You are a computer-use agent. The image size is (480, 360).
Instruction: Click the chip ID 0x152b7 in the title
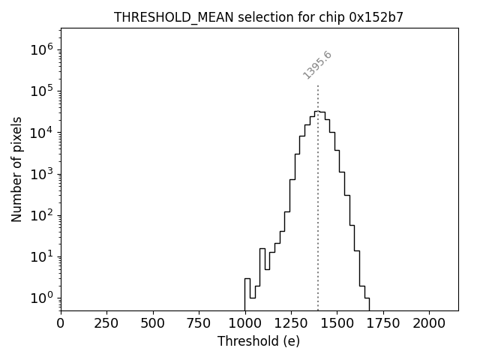(x=376, y=17)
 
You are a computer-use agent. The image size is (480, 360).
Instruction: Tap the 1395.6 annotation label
(x=317, y=65)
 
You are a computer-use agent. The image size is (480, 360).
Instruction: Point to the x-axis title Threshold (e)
(x=259, y=341)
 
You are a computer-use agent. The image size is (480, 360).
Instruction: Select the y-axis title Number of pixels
(x=17, y=169)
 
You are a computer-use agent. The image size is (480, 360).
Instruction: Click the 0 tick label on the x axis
(x=61, y=323)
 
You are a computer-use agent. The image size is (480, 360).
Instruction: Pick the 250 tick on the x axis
(x=106, y=323)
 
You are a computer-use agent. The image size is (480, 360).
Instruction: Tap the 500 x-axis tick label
(x=153, y=323)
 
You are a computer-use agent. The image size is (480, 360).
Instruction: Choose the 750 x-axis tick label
(x=199, y=323)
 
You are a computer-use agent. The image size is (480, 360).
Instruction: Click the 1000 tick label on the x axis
(x=244, y=323)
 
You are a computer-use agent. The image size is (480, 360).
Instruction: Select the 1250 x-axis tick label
(x=291, y=323)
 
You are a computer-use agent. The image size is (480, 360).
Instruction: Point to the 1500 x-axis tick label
(x=337, y=323)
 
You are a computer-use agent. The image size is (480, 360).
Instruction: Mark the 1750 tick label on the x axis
(x=383, y=323)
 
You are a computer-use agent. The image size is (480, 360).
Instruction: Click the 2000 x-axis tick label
(x=429, y=323)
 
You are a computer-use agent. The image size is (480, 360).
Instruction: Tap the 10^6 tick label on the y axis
(x=42, y=49)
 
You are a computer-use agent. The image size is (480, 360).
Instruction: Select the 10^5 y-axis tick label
(x=42, y=91)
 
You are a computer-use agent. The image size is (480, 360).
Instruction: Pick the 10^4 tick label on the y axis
(x=42, y=133)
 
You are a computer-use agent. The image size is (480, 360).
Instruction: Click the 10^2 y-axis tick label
(x=42, y=215)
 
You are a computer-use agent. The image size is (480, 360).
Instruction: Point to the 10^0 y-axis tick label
(x=42, y=298)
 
